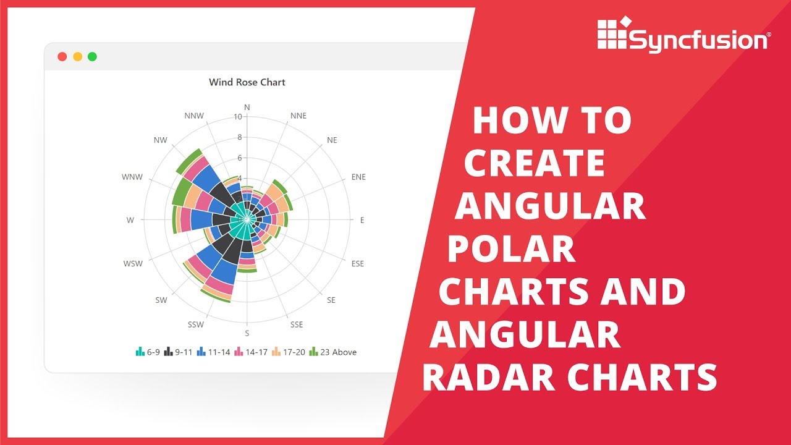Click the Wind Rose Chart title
247,82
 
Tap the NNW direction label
194,116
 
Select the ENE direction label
358,177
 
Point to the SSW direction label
197,324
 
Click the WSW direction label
133,264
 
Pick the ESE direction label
357,264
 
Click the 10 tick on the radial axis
238,117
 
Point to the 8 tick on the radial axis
240,138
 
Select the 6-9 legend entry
148,352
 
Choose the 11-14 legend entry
213,352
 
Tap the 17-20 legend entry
289,352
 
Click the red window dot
62,57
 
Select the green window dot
92,57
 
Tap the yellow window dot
77,57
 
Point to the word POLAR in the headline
512,250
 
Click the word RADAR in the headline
482,376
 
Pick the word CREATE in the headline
535,163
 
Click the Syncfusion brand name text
698,41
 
